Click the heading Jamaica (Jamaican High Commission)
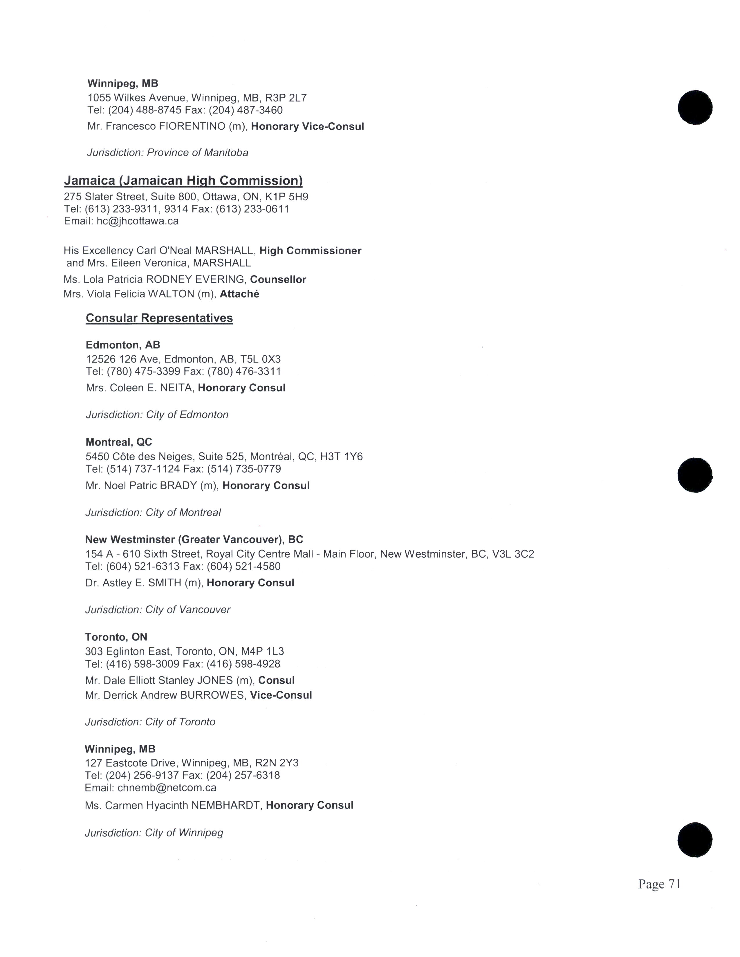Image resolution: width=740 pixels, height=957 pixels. click(183, 181)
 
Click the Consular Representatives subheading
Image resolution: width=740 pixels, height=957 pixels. click(159, 318)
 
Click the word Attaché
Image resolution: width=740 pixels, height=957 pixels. click(239, 294)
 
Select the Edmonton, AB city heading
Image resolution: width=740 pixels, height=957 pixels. click(123, 345)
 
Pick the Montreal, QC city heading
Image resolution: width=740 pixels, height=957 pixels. click(119, 442)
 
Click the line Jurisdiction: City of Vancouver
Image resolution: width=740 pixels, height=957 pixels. click(158, 610)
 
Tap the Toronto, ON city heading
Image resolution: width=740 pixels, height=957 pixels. click(116, 637)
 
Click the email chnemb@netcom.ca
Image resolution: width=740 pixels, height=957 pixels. click(167, 787)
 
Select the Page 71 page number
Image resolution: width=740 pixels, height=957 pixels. click(659, 884)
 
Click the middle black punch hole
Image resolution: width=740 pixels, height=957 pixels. click(695, 475)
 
